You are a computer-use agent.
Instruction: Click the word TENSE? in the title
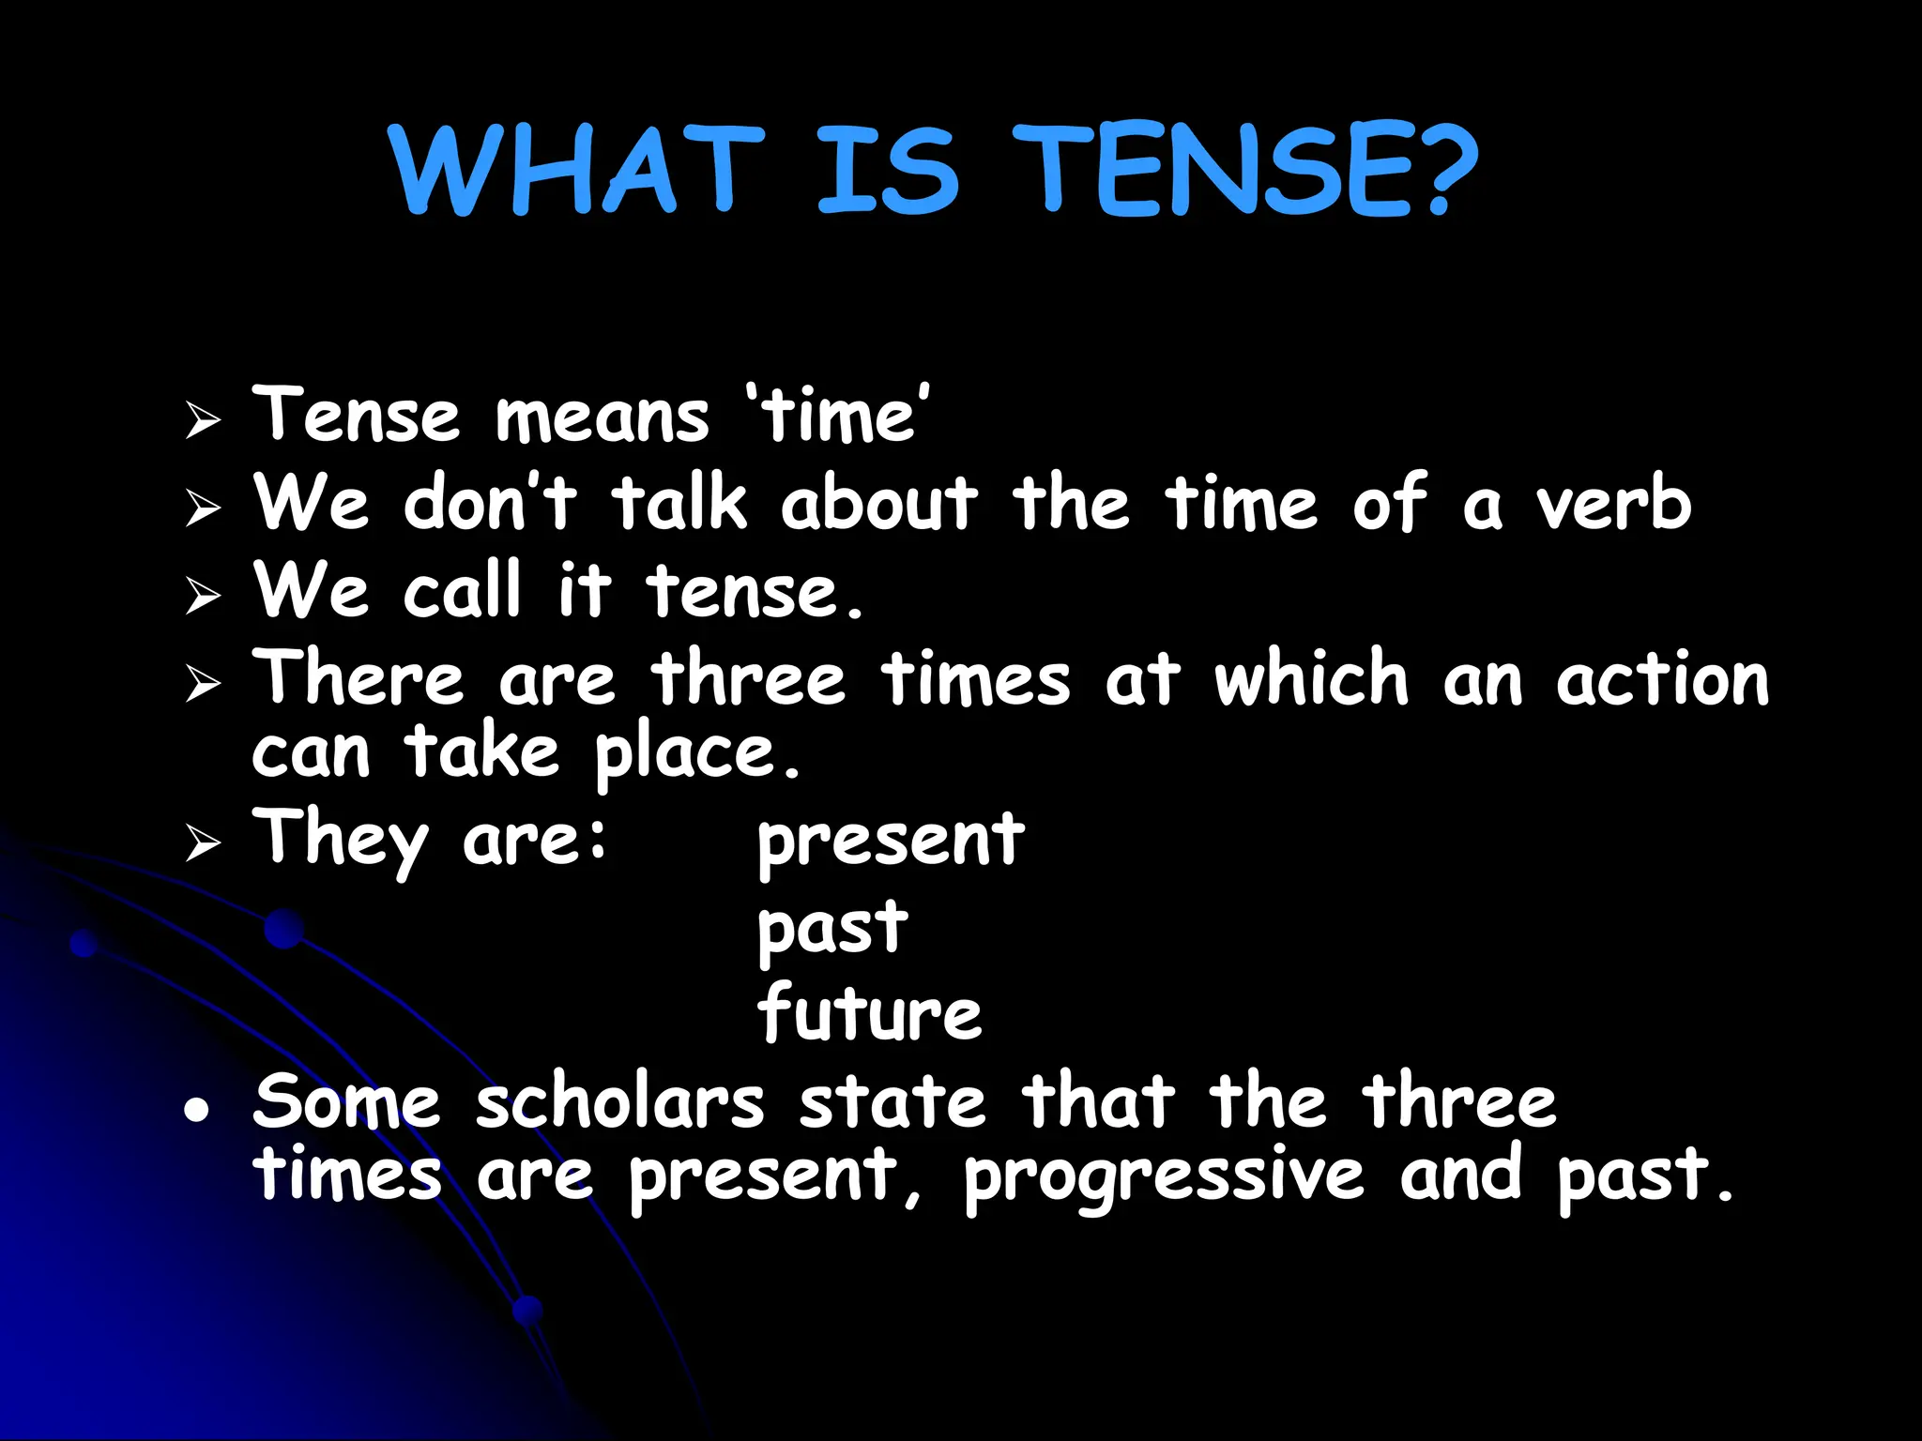(x=1243, y=171)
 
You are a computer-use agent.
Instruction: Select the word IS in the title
(x=888, y=171)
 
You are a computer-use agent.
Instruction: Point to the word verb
(x=1613, y=503)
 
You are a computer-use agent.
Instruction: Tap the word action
(x=1662, y=678)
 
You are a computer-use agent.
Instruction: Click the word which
(x=1311, y=676)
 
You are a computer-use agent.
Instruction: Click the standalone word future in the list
(x=869, y=1013)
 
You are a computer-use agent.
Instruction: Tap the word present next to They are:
(x=891, y=841)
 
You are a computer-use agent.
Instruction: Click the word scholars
(x=619, y=1101)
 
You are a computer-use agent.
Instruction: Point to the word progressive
(x=1164, y=1176)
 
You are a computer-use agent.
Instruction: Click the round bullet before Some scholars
(x=195, y=1111)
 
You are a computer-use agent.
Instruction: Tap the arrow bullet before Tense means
(x=203, y=419)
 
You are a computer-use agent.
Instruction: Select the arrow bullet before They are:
(x=203, y=842)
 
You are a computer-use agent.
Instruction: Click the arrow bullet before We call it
(x=203, y=595)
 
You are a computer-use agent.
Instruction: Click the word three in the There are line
(x=749, y=678)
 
